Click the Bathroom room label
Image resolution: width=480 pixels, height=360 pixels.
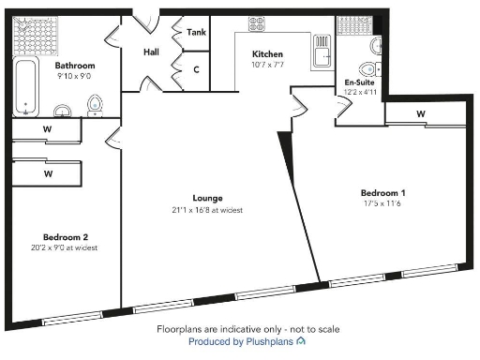(x=75, y=66)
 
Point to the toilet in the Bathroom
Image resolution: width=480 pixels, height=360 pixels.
(x=94, y=103)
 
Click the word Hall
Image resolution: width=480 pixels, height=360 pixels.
(x=151, y=52)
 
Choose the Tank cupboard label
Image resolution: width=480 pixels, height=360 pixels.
(x=196, y=32)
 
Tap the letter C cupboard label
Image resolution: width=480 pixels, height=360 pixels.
(x=196, y=69)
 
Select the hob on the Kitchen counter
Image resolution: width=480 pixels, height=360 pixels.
(x=256, y=25)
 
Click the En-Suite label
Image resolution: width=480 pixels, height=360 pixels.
(x=360, y=82)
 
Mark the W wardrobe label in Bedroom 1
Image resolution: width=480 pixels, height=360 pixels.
(x=420, y=114)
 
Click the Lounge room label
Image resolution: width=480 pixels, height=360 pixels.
(x=206, y=199)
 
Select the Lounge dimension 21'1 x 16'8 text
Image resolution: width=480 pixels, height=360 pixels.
(x=206, y=210)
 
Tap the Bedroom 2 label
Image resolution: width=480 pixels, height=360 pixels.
(x=65, y=236)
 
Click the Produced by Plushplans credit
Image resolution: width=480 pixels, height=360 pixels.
(x=247, y=342)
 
